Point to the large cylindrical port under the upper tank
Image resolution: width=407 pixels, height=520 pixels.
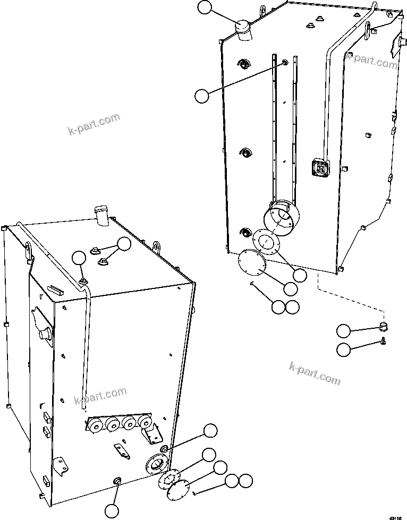282,218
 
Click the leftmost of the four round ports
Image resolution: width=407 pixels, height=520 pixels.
96,425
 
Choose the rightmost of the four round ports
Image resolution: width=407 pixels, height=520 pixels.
143,423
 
